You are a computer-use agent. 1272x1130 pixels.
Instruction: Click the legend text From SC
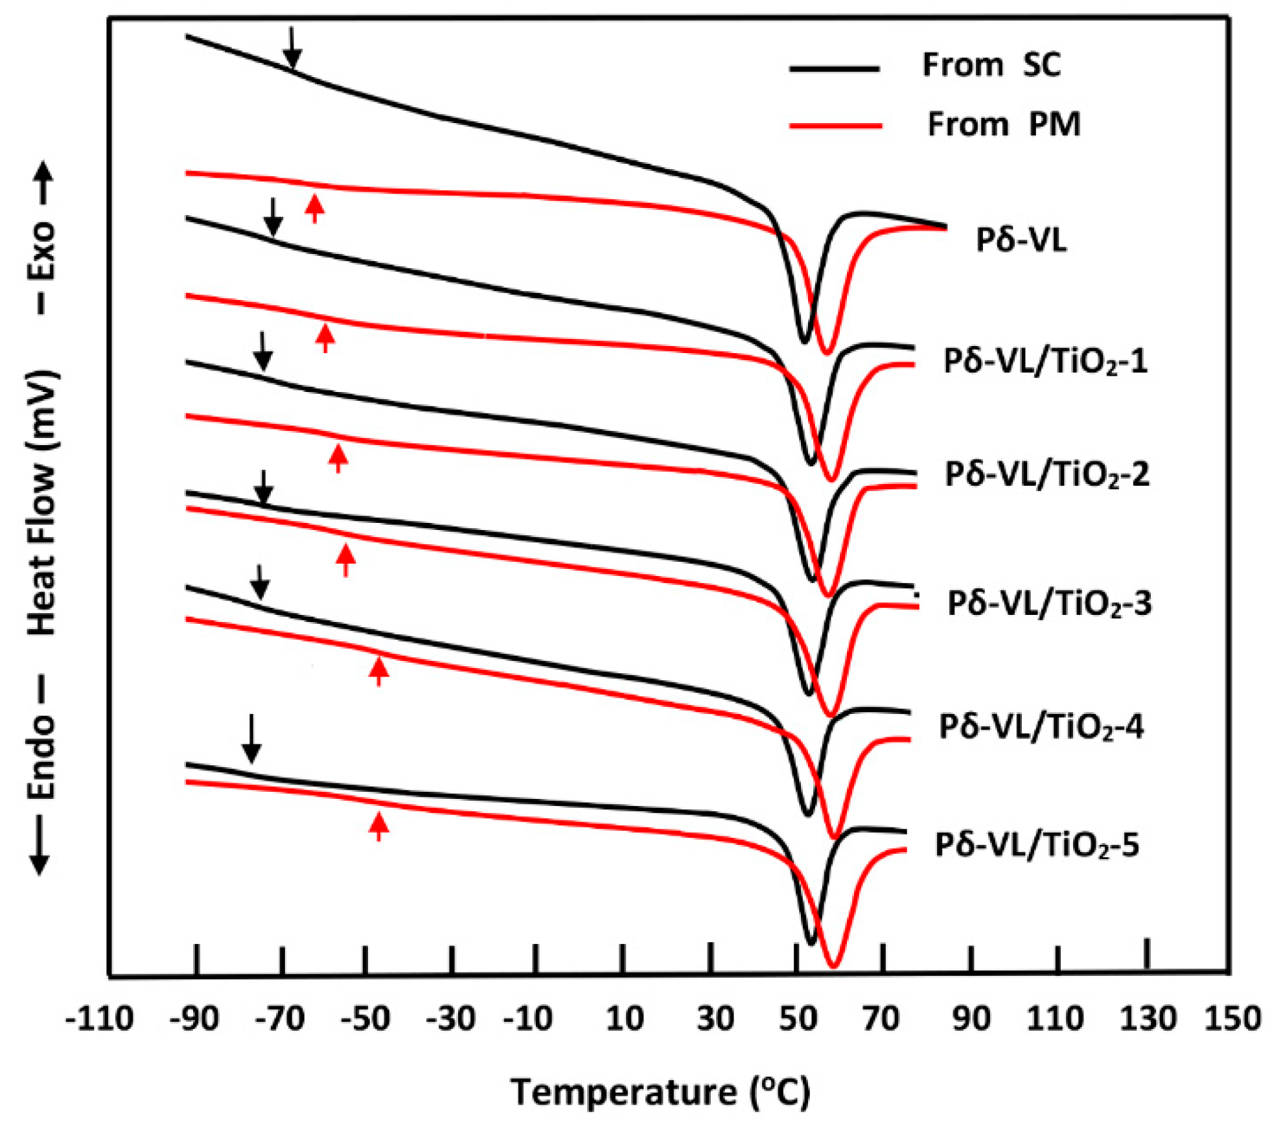point(991,65)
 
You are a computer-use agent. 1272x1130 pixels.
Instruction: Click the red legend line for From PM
point(835,125)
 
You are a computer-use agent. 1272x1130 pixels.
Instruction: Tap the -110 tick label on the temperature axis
point(100,1019)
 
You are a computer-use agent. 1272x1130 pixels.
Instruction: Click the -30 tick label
point(451,1019)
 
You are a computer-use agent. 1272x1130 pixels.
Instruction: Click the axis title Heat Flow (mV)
point(43,503)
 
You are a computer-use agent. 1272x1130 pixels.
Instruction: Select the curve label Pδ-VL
point(1021,240)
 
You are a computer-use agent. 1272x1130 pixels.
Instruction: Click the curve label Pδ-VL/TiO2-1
point(1045,361)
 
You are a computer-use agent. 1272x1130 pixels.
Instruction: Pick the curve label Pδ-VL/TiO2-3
point(1049,603)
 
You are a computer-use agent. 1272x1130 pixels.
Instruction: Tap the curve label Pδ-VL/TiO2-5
point(1036,845)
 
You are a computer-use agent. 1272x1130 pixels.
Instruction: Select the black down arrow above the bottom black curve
point(251,739)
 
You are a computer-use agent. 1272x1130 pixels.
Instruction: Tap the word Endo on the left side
point(43,757)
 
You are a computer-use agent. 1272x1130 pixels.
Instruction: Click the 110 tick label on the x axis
point(1055,1019)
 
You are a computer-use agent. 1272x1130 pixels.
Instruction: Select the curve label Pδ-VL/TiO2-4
point(1041,727)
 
